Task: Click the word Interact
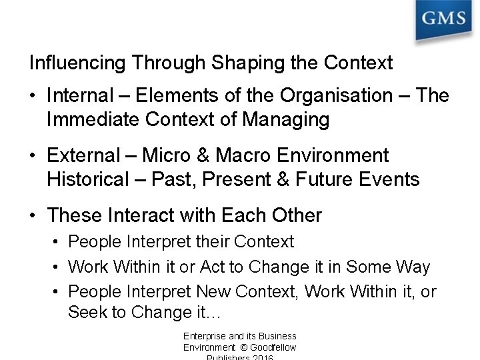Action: pyautogui.click(x=139, y=216)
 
